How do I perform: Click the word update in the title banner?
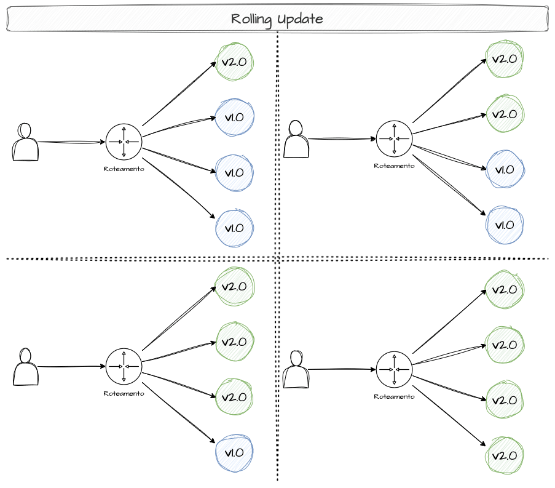[301, 19]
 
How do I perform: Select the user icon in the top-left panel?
[25, 142]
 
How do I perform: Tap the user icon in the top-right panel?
[296, 140]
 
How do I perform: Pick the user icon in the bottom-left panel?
[25, 368]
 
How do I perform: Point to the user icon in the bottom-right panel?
[297, 370]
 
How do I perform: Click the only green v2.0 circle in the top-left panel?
[234, 62]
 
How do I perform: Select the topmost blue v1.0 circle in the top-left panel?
[234, 116]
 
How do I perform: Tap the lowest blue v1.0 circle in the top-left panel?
[234, 227]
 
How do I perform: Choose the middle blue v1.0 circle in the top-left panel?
[234, 172]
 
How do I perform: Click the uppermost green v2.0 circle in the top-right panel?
[505, 59]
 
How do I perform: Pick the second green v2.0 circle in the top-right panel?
[505, 114]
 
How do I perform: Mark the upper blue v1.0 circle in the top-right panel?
[505, 169]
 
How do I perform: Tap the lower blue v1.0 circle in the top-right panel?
[505, 224]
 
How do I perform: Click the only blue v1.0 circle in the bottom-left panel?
[234, 453]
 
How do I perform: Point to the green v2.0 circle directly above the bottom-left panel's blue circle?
[234, 397]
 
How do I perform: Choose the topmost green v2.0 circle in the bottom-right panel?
[505, 289]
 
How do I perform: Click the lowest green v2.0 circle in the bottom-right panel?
[505, 455]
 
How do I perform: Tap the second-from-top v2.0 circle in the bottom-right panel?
[505, 345]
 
